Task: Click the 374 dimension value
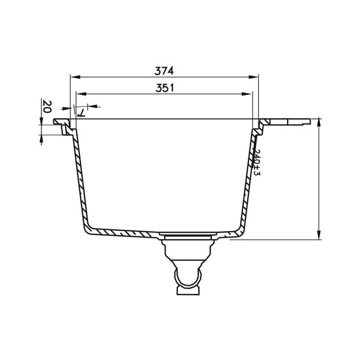164,70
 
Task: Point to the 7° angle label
80,110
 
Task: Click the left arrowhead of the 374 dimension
74,77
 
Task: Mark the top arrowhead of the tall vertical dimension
318,123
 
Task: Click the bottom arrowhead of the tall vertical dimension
318,235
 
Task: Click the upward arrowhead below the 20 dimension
41,138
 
